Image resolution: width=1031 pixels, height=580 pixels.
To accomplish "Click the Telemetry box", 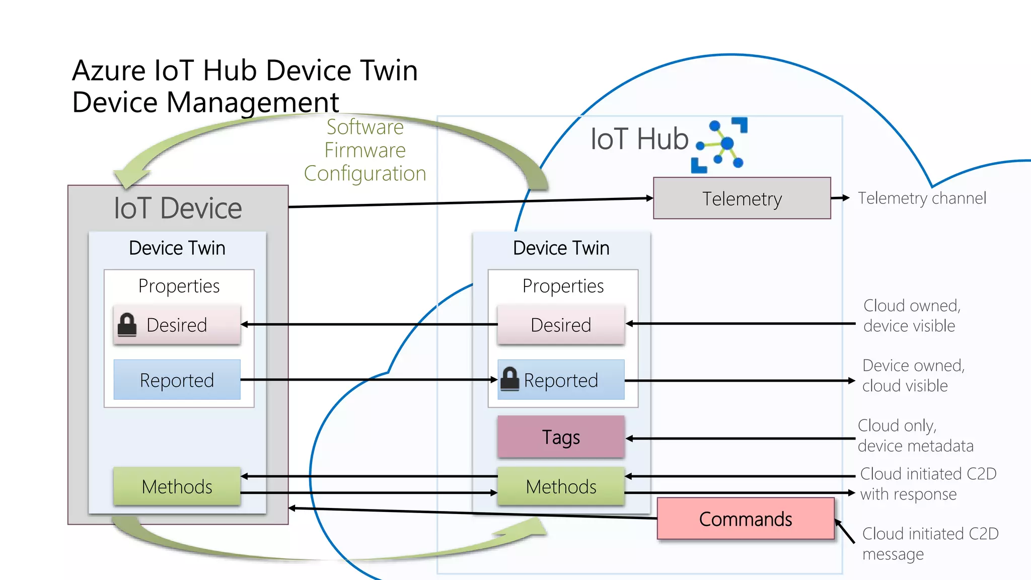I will (x=742, y=198).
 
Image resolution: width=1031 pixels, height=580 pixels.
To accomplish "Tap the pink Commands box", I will (x=745, y=519).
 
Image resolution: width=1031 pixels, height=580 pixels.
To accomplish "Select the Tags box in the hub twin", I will (x=561, y=437).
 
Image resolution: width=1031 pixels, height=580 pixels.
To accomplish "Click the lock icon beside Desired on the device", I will (x=127, y=325).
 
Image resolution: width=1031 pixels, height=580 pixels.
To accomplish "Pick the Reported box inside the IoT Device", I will (x=177, y=380).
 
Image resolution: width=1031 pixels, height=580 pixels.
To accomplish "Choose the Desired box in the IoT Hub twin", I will (x=561, y=325).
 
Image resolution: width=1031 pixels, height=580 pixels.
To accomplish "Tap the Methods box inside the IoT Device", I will (x=177, y=486).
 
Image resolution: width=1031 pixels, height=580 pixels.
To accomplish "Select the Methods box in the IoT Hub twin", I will (x=561, y=486).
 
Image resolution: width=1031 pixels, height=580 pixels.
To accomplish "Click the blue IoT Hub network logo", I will (x=720, y=146).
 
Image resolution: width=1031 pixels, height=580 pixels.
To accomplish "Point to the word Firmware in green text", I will (x=365, y=150).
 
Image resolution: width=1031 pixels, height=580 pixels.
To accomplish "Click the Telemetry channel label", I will (x=922, y=198).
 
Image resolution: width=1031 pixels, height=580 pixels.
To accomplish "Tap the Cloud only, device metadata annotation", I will (x=915, y=436).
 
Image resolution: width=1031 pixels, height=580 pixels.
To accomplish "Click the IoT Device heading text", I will (x=178, y=208).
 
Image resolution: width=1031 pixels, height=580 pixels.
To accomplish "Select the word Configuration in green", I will (x=365, y=173).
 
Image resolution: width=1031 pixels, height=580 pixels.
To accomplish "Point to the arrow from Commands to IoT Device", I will (x=473, y=513).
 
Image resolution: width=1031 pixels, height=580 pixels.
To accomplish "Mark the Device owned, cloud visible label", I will (x=913, y=375).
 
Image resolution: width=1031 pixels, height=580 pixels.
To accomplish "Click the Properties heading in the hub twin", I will (x=563, y=286).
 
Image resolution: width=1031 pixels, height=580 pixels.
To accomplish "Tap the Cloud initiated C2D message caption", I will (x=930, y=543).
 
